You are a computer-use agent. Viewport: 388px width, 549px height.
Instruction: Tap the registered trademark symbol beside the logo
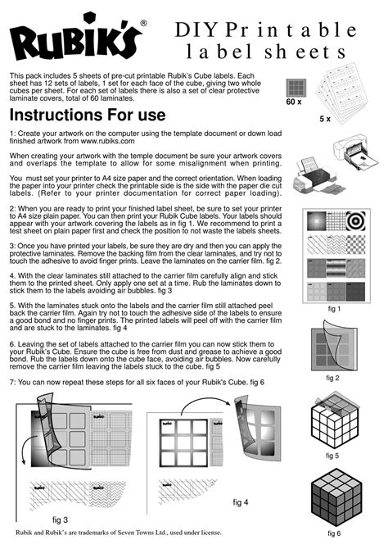pos(143,23)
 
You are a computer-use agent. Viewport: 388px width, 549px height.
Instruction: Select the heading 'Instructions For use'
pos(88,115)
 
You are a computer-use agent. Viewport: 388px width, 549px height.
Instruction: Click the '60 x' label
pos(294,102)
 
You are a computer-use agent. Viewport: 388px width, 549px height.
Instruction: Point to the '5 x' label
pos(325,119)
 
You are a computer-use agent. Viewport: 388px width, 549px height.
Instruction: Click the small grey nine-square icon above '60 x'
pos(296,88)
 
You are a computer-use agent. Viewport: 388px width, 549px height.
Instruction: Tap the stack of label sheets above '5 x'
pos(342,91)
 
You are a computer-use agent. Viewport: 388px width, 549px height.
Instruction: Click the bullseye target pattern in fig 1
pos(356,221)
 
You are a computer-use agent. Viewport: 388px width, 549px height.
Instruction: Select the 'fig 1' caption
pos(334,309)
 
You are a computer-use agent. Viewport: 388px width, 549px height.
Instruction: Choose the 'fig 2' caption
pos(332,378)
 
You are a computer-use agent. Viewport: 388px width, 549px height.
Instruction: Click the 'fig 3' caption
pos(60,520)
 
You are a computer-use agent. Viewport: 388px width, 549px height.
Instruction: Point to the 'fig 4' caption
pos(241,502)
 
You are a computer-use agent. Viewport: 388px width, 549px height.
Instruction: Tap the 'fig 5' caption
pos(332,456)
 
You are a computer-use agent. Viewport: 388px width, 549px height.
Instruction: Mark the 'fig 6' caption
pos(334,533)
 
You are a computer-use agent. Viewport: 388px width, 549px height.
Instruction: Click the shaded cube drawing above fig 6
pos(336,497)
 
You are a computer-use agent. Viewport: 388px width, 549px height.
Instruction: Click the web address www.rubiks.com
pos(107,141)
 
